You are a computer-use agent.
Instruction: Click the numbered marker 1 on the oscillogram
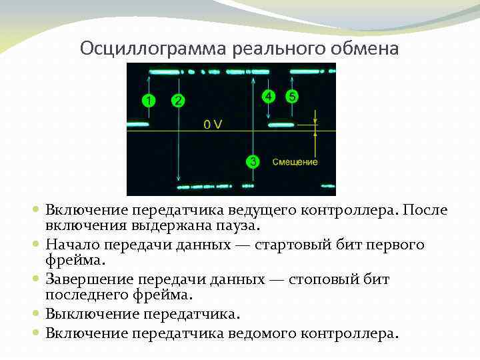pyautogui.click(x=149, y=101)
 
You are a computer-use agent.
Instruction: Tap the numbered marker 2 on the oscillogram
pyautogui.click(x=177, y=101)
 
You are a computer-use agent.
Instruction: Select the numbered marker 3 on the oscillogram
pyautogui.click(x=253, y=161)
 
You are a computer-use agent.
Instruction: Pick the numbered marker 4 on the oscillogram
pyautogui.click(x=268, y=96)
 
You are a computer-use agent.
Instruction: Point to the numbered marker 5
pyautogui.click(x=292, y=96)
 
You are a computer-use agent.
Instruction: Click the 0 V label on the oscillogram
pyautogui.click(x=213, y=124)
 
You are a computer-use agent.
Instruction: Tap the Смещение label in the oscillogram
pyautogui.click(x=295, y=162)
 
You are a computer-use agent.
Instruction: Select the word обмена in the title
pyautogui.click(x=363, y=49)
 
